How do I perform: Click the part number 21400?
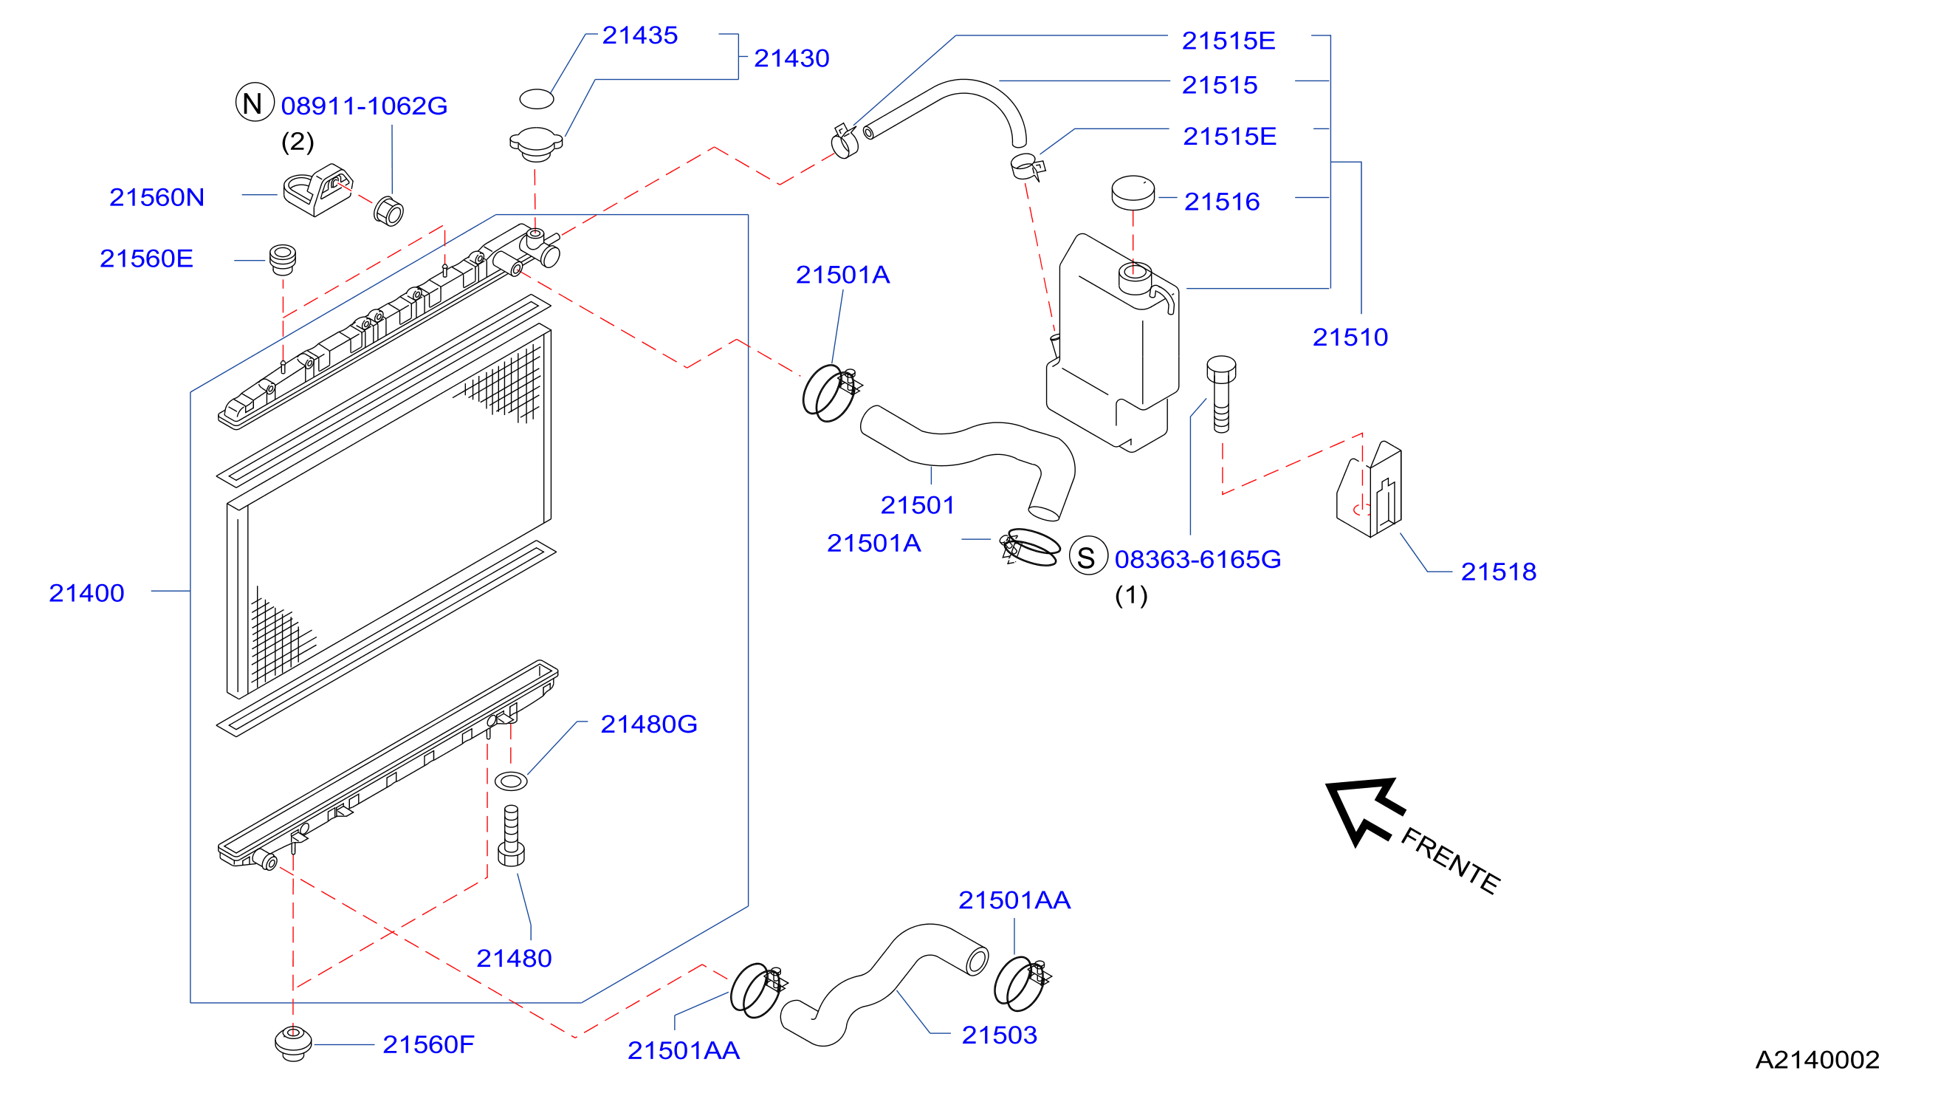[86, 593]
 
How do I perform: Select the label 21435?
[640, 35]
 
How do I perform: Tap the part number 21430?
[791, 58]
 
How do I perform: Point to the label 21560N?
[157, 197]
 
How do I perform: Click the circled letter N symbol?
[254, 103]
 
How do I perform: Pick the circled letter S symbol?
[1088, 557]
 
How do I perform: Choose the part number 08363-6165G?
[1198, 559]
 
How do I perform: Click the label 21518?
[1498, 572]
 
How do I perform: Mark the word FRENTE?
[1449, 861]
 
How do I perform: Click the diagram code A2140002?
[1817, 1060]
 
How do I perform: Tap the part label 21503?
[999, 1035]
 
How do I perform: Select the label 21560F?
[428, 1044]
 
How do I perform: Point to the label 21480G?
[649, 724]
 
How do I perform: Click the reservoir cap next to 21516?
[1133, 193]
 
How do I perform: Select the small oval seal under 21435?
[537, 99]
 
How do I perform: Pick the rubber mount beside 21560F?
[293, 1044]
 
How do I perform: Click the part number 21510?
[1350, 337]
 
